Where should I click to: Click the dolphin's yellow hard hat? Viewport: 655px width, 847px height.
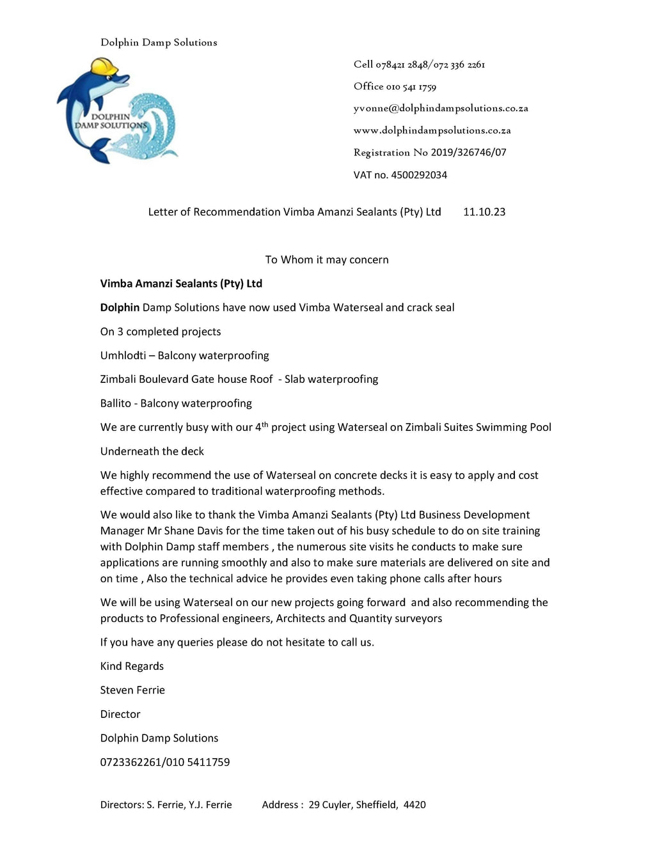click(104, 66)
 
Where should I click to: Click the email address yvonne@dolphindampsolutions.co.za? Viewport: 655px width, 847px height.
click(441, 109)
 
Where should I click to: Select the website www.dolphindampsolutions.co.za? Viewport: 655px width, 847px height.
click(432, 130)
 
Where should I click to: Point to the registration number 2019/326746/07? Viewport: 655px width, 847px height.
click(468, 152)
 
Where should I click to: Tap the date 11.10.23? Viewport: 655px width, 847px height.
click(484, 212)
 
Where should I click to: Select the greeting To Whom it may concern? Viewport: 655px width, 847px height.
click(327, 260)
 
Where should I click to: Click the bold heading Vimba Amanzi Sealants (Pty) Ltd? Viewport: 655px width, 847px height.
click(181, 283)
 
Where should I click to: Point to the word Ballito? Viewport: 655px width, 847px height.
click(115, 403)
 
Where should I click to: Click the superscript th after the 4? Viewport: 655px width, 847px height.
click(265, 424)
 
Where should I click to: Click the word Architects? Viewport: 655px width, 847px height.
click(300, 618)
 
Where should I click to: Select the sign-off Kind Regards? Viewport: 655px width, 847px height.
click(132, 666)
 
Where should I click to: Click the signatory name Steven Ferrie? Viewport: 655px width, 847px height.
click(132, 690)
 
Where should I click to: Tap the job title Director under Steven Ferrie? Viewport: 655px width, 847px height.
click(120, 714)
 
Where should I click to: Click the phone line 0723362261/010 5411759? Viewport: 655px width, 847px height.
click(165, 762)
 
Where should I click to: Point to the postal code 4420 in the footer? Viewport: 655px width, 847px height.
click(414, 805)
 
